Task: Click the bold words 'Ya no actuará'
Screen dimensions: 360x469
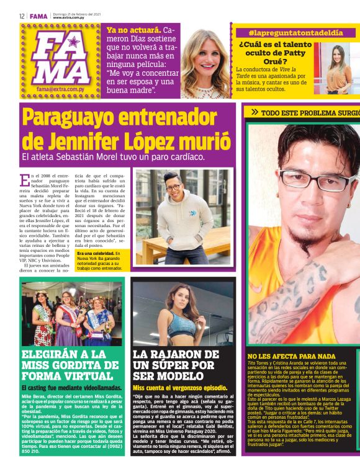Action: pos(133,30)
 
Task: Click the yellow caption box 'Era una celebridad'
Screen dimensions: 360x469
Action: pos(101,261)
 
